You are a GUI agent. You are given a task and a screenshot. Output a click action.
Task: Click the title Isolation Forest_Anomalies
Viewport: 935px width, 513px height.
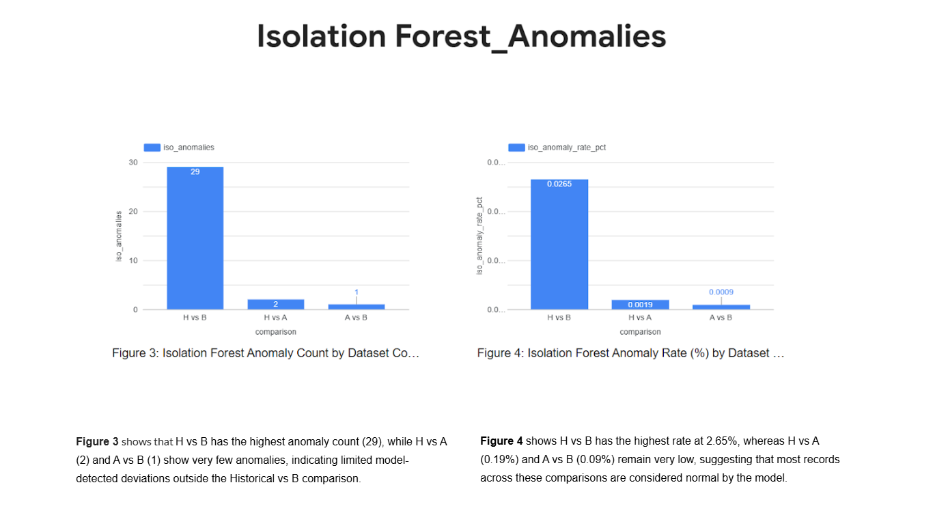pos(461,36)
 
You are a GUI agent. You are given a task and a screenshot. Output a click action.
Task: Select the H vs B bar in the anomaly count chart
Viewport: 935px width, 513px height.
pos(195,239)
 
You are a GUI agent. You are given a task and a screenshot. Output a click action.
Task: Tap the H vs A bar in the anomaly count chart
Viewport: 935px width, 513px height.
pos(275,305)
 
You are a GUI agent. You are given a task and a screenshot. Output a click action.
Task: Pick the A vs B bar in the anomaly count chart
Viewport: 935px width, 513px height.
pos(356,307)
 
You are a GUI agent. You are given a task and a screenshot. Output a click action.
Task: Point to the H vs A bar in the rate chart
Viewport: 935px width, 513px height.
pos(640,305)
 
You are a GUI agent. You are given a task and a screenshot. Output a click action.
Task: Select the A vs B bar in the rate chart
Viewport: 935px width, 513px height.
pos(721,307)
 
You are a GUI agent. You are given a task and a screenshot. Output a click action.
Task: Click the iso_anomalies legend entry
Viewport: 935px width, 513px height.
pos(180,147)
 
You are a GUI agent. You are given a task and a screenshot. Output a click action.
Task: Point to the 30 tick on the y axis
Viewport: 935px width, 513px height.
pos(132,163)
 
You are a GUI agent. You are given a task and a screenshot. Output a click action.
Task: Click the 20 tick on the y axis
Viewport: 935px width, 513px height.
pos(132,212)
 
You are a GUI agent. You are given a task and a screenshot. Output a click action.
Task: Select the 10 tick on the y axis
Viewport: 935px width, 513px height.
pos(132,261)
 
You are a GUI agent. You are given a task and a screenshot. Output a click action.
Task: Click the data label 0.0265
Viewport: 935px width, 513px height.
pos(559,184)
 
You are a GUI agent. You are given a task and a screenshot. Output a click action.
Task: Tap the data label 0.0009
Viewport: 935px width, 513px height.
pos(721,292)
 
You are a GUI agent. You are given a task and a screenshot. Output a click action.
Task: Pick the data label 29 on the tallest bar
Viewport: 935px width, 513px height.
pos(195,171)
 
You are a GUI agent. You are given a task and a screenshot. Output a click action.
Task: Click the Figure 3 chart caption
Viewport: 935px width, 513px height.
pos(265,353)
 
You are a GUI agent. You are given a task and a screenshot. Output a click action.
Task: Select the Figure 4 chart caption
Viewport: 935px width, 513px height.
pos(630,353)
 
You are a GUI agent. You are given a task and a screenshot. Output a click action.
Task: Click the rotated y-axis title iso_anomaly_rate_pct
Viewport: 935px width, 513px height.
pos(479,236)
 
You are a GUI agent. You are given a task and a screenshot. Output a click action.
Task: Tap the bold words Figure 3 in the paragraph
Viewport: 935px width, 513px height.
pos(97,442)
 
